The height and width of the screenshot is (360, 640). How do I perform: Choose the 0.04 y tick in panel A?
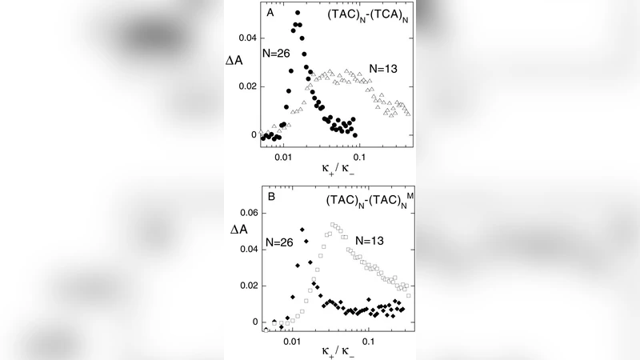[x=249, y=38]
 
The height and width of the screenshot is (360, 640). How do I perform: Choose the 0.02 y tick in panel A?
[x=249, y=86]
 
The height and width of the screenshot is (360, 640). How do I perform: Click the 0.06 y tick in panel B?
[x=249, y=214]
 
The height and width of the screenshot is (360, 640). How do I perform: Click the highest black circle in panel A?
[x=298, y=13]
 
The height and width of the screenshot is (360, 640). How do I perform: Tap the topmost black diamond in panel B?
[x=302, y=230]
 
